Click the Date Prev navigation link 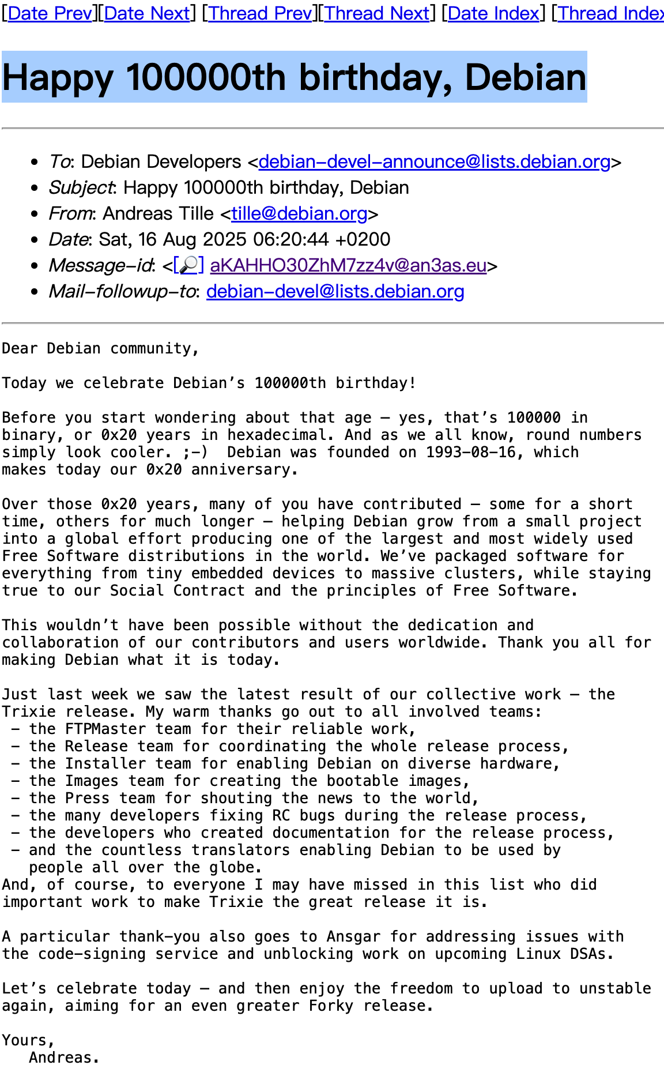point(50,13)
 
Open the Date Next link point(147,13)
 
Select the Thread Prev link point(260,13)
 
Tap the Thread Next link point(377,13)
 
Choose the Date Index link point(493,13)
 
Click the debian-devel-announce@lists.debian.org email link point(435,162)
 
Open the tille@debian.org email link point(299,214)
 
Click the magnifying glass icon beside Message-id point(189,265)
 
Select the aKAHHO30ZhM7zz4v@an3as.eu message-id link point(348,265)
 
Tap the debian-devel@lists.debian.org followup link point(335,292)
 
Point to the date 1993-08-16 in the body point(471,452)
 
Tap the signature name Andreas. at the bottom point(64,1057)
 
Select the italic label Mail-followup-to point(122,292)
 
